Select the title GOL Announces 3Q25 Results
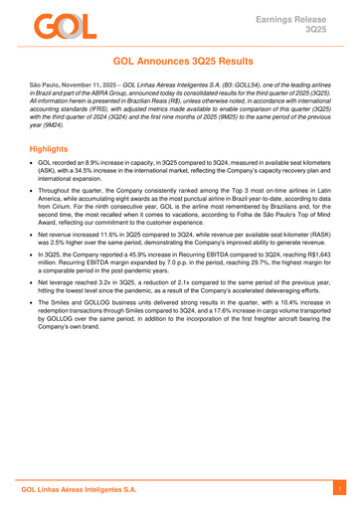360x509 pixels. pos(179,61)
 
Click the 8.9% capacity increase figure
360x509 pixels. pos(98,162)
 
